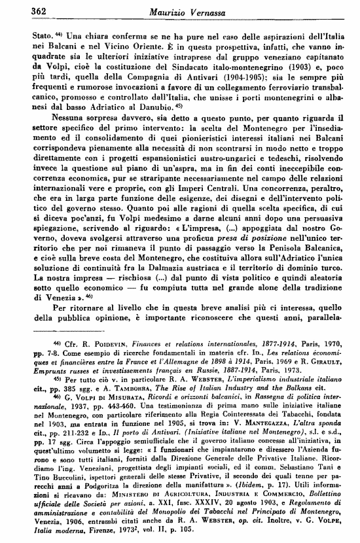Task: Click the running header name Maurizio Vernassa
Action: pyautogui.click(x=186, y=10)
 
